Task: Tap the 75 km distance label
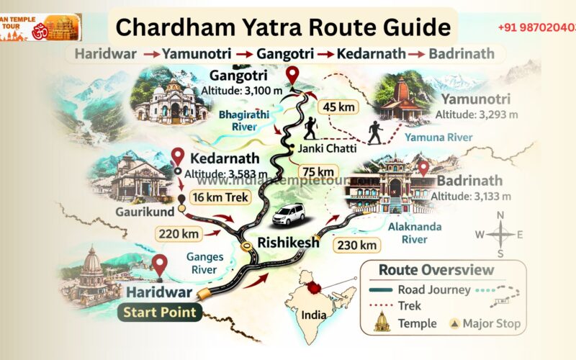coord(318,171)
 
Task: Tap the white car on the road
coord(288,214)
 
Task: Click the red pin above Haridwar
coord(159,265)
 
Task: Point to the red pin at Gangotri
coord(292,75)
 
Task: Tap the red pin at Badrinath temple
coord(423,168)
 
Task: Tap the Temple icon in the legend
coord(382,323)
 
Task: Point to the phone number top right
coord(536,27)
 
